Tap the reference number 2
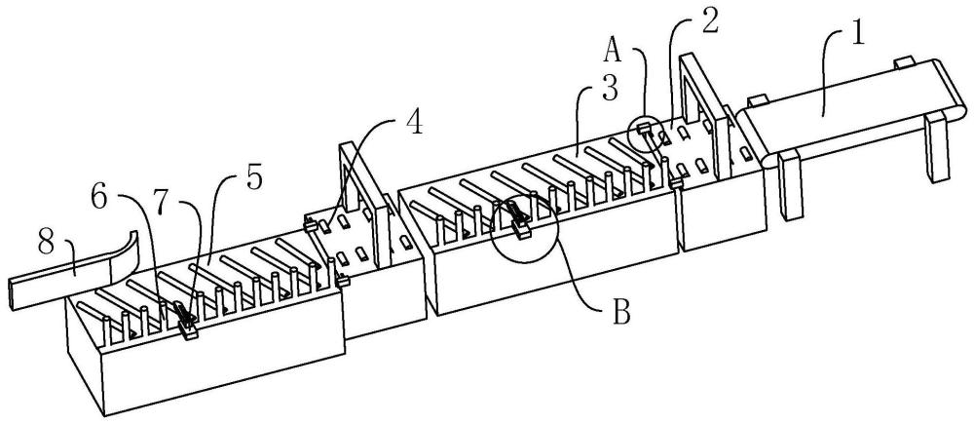coord(709,21)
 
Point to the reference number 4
coord(415,124)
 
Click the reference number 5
coord(253,178)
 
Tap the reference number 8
coord(47,244)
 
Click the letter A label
coord(613,53)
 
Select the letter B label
coord(621,313)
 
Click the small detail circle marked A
coord(645,117)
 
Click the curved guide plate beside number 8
coord(125,255)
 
